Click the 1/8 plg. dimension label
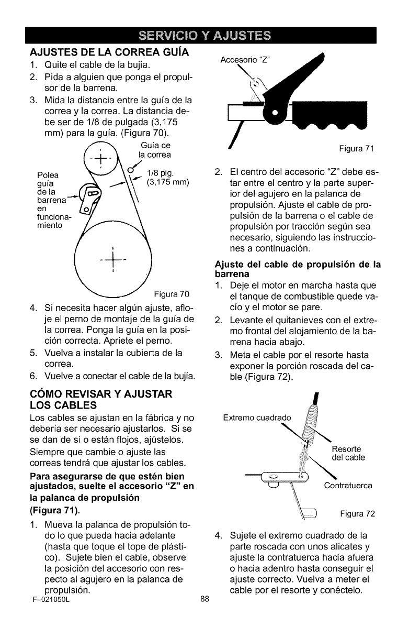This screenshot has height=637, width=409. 162,172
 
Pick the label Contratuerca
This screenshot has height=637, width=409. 348,486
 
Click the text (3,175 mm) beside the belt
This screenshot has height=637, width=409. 167,183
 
